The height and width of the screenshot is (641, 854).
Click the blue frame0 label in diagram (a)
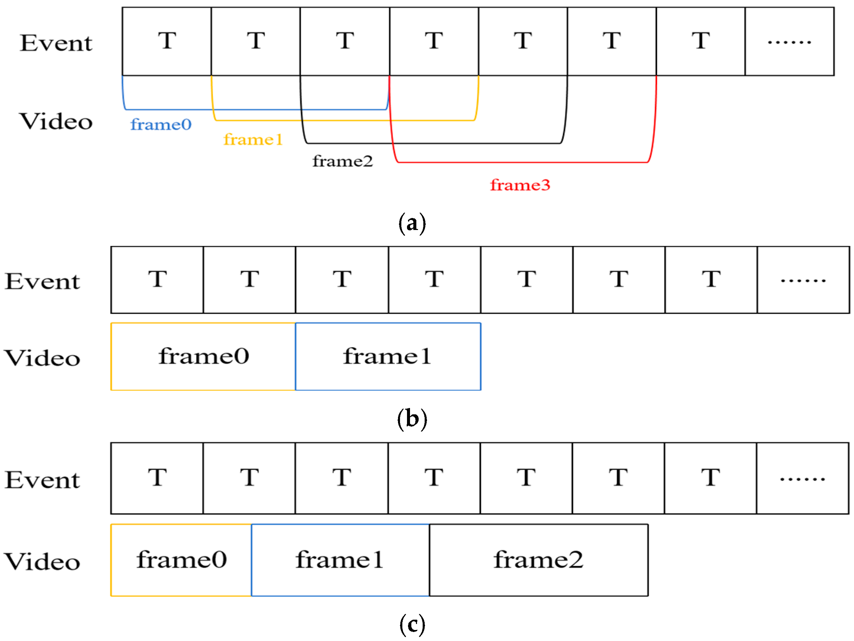[x=161, y=125]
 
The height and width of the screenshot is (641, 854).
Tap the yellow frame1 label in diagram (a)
[x=253, y=140]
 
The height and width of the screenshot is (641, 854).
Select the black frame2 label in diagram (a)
[x=342, y=161]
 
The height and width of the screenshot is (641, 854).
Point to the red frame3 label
[x=520, y=185]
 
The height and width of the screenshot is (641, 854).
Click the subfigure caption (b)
[x=412, y=419]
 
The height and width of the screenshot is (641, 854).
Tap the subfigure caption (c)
[x=412, y=625]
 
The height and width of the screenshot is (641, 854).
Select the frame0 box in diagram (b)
[x=203, y=356]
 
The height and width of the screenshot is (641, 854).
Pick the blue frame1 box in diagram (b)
[x=388, y=356]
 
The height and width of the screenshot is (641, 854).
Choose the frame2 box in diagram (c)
[x=538, y=560]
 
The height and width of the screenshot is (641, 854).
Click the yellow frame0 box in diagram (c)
[x=181, y=560]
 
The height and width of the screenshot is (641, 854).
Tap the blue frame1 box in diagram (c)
[x=340, y=560]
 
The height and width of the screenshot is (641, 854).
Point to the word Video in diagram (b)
[x=42, y=358]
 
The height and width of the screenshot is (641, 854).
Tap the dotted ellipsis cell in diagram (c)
[x=802, y=478]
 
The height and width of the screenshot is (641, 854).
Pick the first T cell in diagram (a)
[x=167, y=42]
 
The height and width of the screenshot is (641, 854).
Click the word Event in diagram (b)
[x=42, y=281]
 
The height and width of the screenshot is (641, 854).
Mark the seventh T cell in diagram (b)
[x=711, y=280]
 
